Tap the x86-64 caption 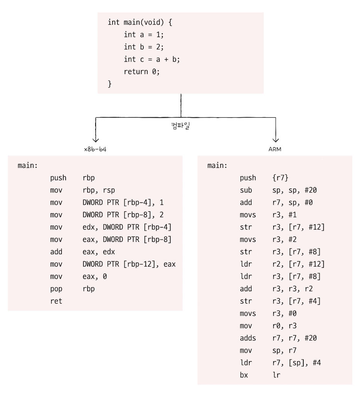pyautogui.click(x=95, y=149)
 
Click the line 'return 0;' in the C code pyautogui.click(x=141, y=71)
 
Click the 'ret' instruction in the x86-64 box pyautogui.click(x=56, y=301)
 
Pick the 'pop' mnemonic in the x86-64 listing pyautogui.click(x=56, y=289)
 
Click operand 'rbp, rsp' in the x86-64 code pyautogui.click(x=99, y=190)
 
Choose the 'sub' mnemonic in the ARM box pyautogui.click(x=246, y=190)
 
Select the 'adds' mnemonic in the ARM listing pyautogui.click(x=247, y=338)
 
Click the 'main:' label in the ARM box pyautogui.click(x=217, y=166)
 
